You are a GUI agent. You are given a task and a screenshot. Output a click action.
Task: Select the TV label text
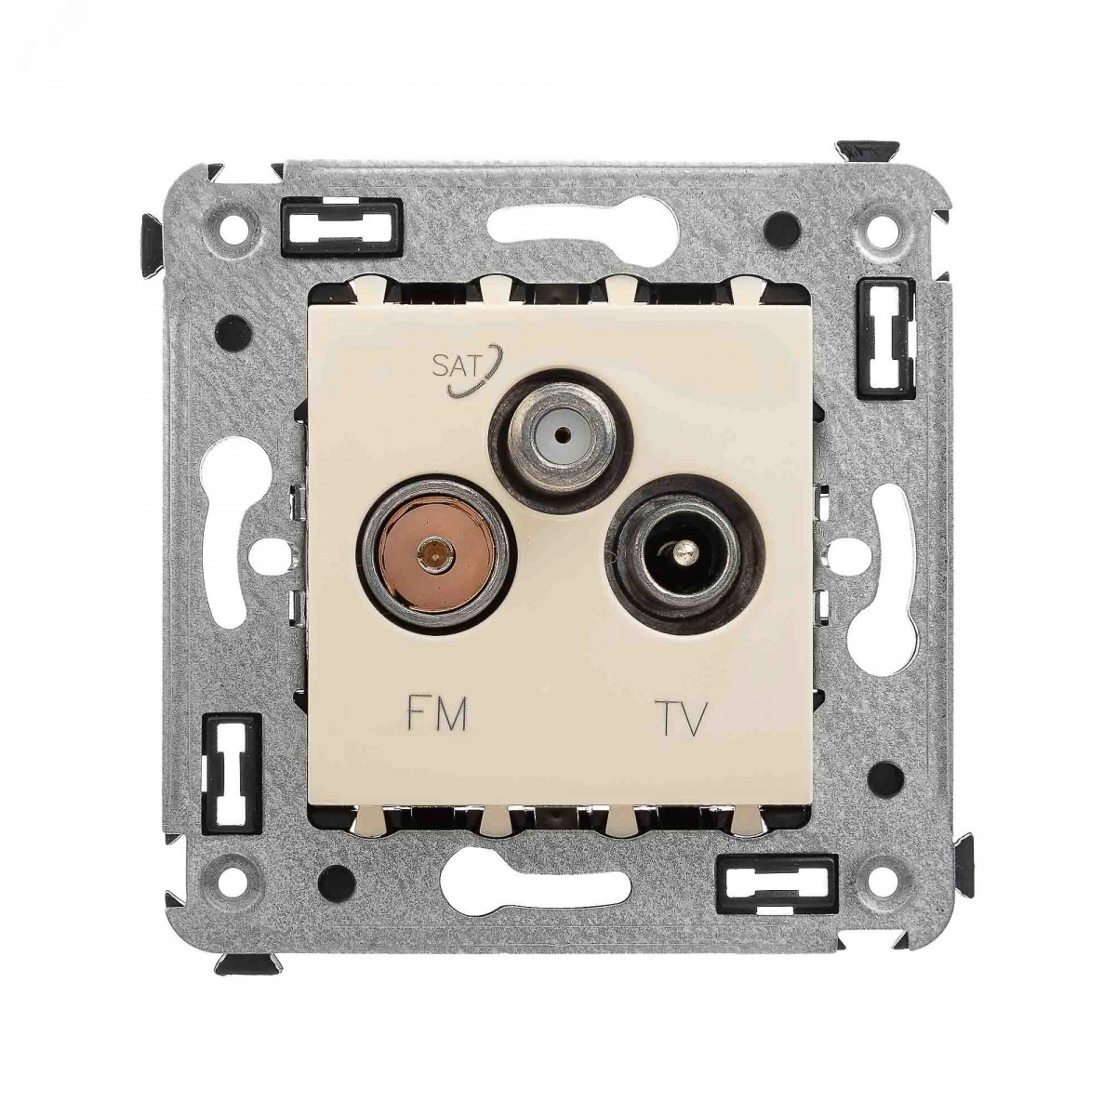683,718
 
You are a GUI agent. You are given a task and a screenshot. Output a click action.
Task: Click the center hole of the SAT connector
559,432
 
